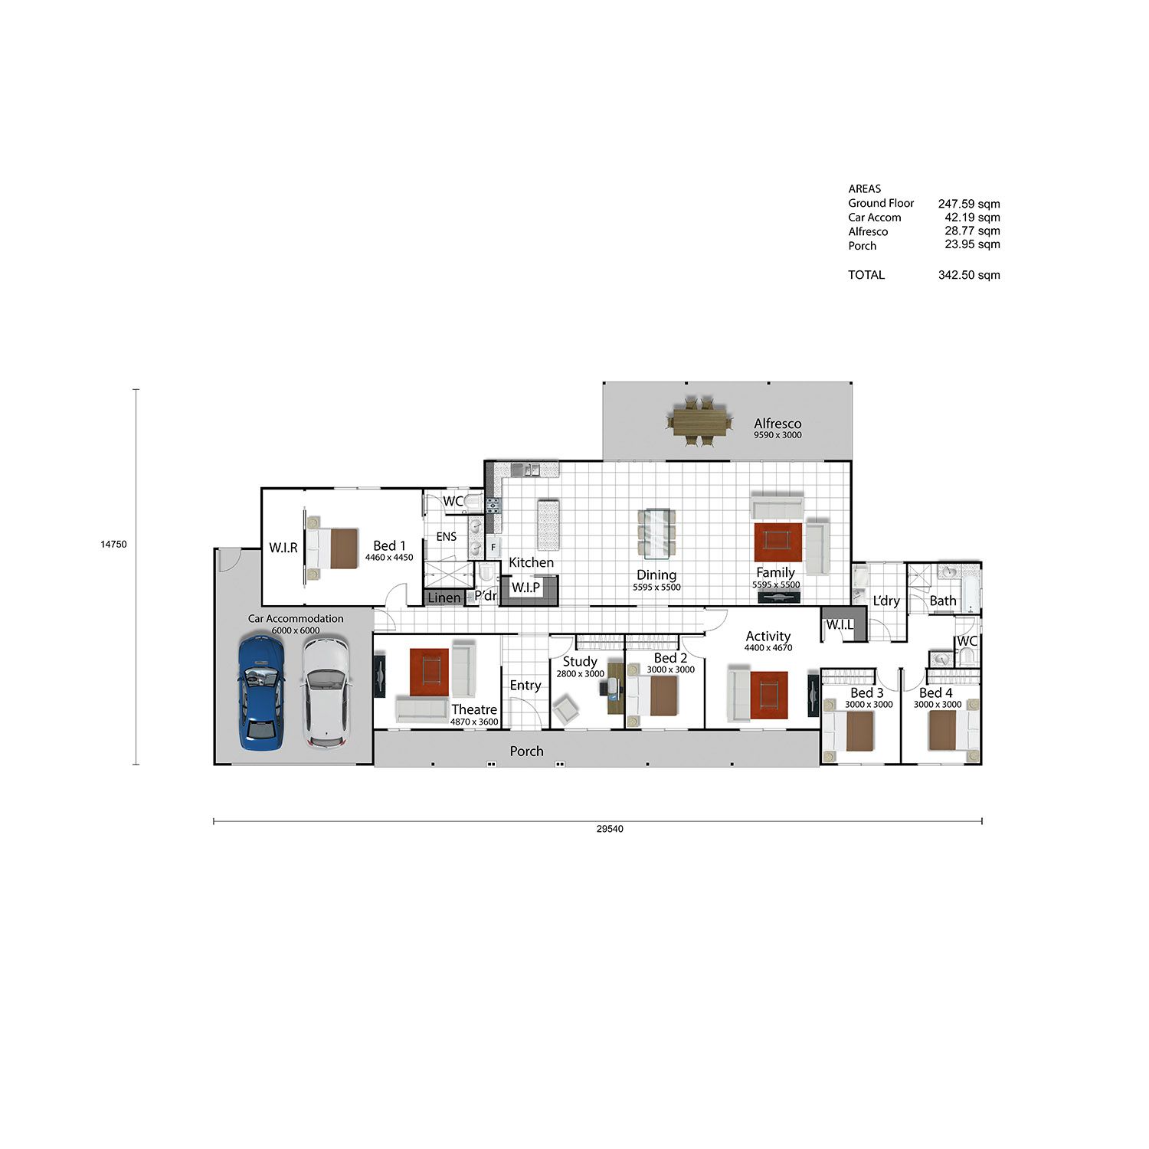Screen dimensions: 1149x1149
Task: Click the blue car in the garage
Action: coord(261,692)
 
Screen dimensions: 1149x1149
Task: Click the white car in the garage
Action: coord(326,692)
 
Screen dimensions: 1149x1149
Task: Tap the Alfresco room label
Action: coord(777,424)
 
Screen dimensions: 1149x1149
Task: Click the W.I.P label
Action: coord(525,588)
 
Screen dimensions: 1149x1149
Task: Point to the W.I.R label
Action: coord(283,548)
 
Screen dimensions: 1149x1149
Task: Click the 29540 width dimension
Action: coord(610,829)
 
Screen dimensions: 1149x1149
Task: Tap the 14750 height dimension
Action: coord(113,545)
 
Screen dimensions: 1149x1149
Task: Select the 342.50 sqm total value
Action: coord(969,275)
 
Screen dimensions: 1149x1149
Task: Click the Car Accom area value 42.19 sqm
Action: coord(972,218)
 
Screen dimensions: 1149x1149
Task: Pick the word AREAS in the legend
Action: coord(865,188)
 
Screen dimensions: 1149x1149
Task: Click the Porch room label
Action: coord(527,751)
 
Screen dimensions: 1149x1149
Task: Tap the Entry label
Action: coord(525,686)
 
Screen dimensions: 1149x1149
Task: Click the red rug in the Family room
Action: coord(777,542)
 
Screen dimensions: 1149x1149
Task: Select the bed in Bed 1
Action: coord(332,548)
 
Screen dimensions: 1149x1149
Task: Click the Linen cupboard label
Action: coord(444,597)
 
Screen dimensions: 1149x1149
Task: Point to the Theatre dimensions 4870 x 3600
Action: coord(474,722)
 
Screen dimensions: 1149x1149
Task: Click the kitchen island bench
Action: coord(548,525)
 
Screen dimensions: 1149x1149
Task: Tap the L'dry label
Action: coord(886,601)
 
